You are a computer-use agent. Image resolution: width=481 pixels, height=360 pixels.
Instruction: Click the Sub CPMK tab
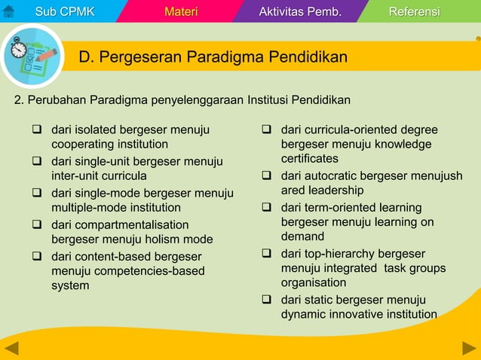point(65,11)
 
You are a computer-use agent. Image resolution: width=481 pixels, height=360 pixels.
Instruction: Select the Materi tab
point(181,11)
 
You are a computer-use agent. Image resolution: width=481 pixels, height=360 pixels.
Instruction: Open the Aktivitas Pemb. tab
point(300,11)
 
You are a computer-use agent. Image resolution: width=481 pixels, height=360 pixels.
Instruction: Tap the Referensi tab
point(414,11)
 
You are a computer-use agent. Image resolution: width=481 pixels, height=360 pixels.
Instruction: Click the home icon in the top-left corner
point(9,11)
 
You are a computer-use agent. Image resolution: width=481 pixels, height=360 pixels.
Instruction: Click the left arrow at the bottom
point(11,348)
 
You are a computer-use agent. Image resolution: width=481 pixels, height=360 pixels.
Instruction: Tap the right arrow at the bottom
point(469,348)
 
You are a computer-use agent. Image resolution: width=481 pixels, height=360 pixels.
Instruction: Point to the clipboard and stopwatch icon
point(32,56)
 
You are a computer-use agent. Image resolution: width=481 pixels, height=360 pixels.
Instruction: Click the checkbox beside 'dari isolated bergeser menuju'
point(37,130)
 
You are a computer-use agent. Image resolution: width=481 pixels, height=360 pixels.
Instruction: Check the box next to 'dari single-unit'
point(37,161)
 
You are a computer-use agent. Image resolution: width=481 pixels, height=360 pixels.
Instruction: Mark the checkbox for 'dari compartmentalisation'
point(37,224)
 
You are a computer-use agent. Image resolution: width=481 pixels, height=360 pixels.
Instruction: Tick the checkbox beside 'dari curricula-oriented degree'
point(267,130)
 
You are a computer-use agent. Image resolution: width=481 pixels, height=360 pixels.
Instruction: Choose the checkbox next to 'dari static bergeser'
point(267,300)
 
